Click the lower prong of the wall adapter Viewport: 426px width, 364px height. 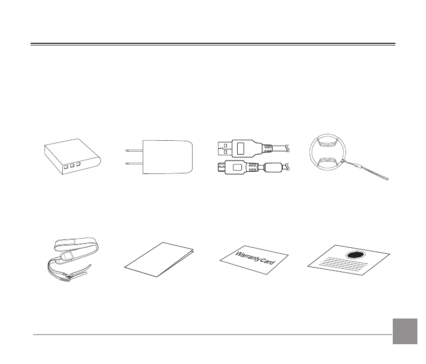tap(133, 163)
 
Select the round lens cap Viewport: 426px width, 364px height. tap(326, 155)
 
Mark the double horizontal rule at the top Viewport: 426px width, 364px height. tap(213, 44)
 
